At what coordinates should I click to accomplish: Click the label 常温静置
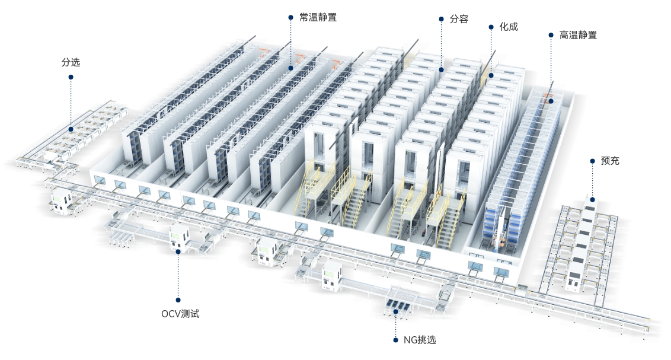318,18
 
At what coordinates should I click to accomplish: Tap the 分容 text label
459,19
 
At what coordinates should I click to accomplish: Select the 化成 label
509,27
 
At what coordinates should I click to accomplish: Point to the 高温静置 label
578,35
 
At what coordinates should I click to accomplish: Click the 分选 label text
71,62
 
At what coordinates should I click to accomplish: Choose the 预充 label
610,161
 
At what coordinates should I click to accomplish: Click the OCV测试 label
180,314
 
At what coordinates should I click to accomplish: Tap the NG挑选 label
420,340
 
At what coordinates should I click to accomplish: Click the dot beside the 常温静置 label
290,18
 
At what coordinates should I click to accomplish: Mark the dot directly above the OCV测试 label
178,300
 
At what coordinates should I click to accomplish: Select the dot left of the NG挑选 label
395,340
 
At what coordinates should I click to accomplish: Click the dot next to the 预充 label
592,161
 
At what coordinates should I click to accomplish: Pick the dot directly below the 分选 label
71,77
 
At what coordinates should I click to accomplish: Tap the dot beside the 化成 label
491,27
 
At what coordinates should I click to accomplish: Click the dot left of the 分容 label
441,19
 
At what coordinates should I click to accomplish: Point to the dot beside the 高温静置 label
551,35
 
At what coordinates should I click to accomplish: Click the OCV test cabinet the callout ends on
179,238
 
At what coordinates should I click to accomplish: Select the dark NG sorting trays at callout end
397,305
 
